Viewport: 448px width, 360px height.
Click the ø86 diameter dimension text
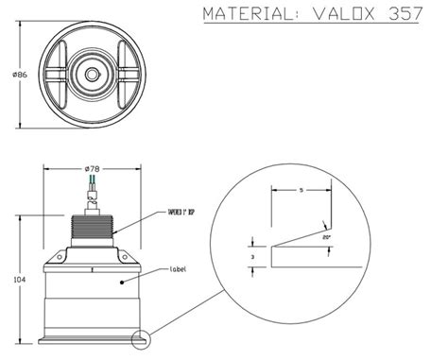(x=13, y=73)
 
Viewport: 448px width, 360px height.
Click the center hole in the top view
(x=93, y=73)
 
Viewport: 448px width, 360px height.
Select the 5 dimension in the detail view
(x=301, y=191)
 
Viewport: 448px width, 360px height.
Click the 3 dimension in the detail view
(x=252, y=256)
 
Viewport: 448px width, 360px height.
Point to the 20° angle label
(x=327, y=237)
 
